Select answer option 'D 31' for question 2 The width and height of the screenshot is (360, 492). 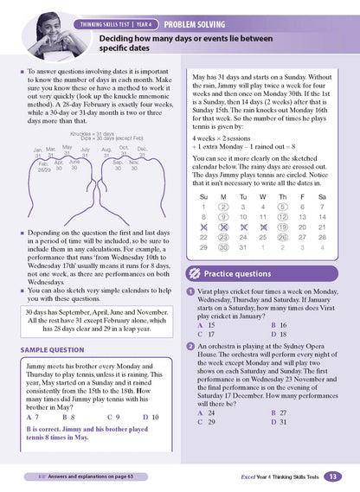pos(279,421)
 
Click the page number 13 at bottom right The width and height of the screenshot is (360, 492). pos(334,476)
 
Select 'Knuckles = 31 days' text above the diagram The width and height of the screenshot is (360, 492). pos(108,133)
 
